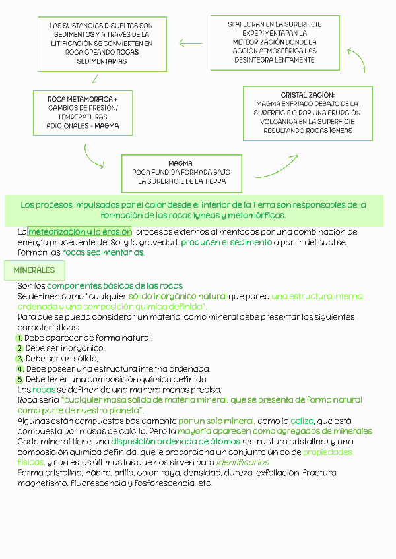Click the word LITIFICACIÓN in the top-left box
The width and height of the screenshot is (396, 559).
(x=71, y=43)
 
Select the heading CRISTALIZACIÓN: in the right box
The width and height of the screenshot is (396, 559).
(x=308, y=96)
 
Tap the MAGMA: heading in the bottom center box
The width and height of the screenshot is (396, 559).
(x=181, y=163)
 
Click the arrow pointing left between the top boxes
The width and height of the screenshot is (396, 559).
(x=190, y=44)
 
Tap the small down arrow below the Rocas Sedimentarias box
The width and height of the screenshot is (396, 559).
(x=95, y=79)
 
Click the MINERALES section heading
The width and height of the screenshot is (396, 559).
(x=34, y=270)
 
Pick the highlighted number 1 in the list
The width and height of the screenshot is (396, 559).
(x=20, y=338)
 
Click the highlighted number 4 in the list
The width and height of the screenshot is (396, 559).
(x=20, y=369)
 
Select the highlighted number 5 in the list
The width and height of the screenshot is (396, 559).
(x=20, y=380)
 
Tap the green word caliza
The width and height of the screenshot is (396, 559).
(x=302, y=421)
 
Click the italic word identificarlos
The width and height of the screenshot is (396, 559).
(x=242, y=462)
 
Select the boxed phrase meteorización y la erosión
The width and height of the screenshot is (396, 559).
(x=80, y=232)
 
